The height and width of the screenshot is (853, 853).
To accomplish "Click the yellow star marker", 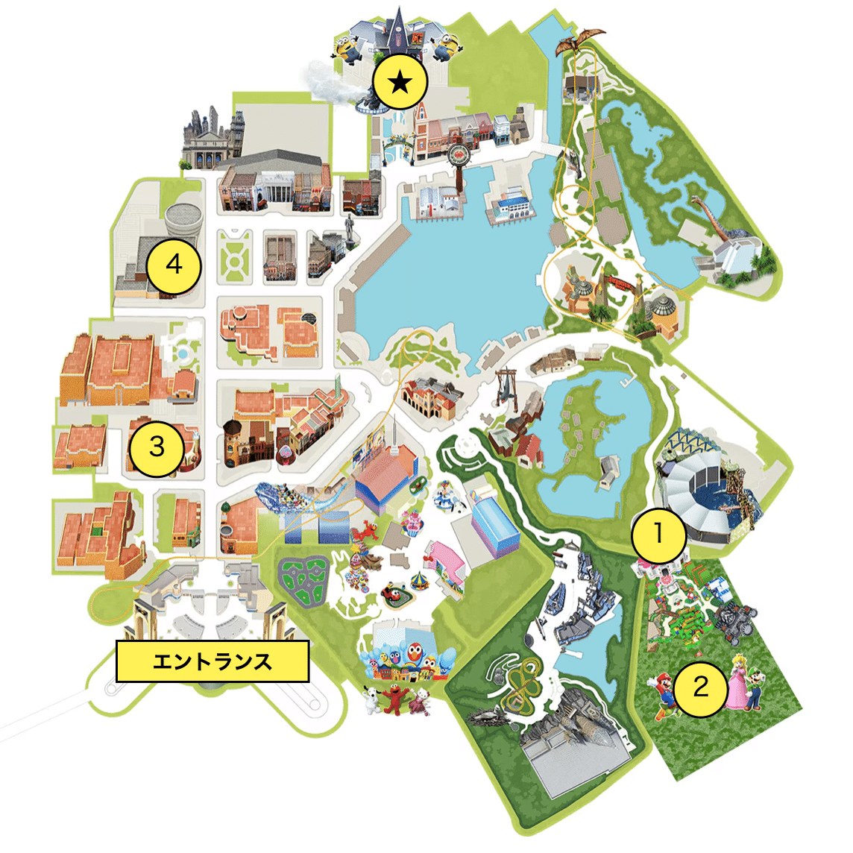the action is (400, 81).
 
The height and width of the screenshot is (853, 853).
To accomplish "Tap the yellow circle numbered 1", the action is (658, 534).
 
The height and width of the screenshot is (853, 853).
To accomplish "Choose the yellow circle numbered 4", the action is (174, 264).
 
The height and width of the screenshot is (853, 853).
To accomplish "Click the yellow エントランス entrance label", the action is (213, 661).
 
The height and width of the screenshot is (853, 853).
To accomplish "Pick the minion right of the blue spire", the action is (447, 45).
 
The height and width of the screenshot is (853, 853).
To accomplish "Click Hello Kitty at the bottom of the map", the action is (422, 701).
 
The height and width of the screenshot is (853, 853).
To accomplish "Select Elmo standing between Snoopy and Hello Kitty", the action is (397, 699).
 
